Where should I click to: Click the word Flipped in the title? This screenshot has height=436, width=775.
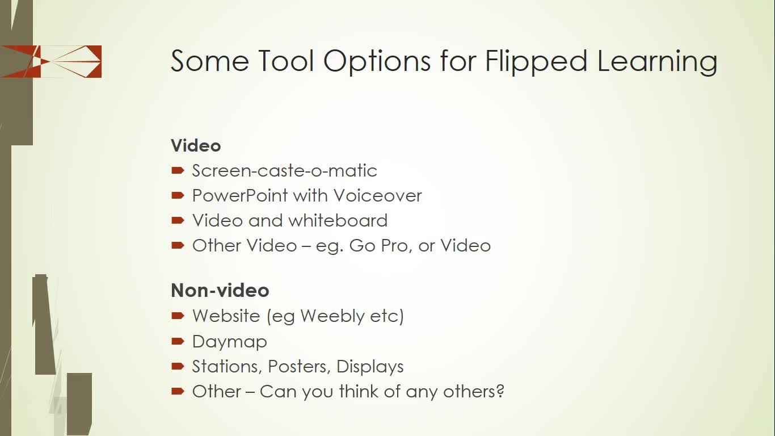536,61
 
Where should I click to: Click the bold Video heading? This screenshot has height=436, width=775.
196,145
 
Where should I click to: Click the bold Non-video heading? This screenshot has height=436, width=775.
220,290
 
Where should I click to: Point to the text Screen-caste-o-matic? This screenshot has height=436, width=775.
284,170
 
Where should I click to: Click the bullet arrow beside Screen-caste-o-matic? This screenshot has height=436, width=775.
178,170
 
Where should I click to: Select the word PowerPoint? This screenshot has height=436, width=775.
240,196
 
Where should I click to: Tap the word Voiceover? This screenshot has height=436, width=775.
378,196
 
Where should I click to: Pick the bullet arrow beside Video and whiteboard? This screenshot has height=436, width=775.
178,220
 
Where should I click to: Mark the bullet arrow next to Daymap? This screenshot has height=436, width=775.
178,341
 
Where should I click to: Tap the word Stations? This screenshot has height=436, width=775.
227,367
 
